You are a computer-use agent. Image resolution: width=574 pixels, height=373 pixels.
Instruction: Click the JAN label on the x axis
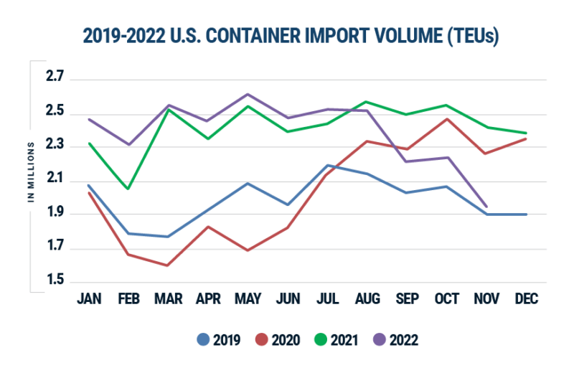[88, 298]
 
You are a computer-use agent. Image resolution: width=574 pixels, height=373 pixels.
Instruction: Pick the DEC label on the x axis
[527, 298]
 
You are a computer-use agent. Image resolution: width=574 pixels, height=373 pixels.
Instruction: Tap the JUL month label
[328, 298]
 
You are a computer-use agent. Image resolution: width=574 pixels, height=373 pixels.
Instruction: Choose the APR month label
[208, 298]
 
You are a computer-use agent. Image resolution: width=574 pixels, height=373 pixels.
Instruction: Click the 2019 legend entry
[220, 339]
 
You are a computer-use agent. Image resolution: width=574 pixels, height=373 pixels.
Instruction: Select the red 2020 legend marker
[263, 339]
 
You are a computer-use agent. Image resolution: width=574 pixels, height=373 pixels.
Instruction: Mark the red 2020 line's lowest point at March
[168, 265]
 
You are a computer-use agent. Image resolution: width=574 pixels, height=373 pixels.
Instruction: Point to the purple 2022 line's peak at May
[248, 94]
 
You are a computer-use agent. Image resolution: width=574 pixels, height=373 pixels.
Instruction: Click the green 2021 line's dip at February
[128, 189]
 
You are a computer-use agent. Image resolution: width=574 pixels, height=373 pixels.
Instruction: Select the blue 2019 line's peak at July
[328, 165]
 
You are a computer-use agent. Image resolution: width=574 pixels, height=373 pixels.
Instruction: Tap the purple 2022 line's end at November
[487, 206]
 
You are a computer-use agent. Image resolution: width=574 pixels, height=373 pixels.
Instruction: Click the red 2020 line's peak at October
[448, 118]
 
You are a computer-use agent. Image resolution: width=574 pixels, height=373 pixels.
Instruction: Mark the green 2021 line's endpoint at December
[527, 133]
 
